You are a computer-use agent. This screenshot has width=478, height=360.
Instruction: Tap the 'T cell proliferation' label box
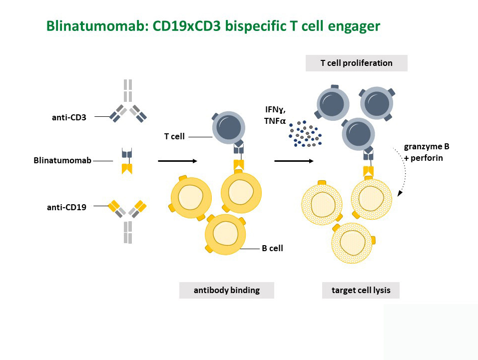(x=356, y=63)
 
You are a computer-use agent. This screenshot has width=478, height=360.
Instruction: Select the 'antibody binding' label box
(x=226, y=290)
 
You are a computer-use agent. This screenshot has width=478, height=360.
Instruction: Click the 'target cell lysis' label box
(x=361, y=290)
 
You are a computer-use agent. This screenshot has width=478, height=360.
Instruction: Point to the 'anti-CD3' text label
(x=69, y=117)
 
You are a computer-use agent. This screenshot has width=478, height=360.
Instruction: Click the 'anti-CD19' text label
(x=67, y=207)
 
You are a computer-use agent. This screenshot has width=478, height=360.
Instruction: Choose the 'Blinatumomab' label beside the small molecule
(x=62, y=160)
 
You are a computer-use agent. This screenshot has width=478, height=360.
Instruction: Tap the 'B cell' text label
(x=273, y=249)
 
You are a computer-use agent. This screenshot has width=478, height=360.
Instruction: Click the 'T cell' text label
(x=174, y=137)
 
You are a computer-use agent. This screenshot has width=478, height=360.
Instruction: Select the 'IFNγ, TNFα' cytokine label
(x=275, y=115)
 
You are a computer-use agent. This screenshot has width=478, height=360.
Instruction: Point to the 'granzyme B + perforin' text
(x=427, y=152)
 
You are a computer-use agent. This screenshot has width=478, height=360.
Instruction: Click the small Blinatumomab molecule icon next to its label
(x=127, y=161)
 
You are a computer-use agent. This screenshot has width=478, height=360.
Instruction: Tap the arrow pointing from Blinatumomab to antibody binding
(x=178, y=161)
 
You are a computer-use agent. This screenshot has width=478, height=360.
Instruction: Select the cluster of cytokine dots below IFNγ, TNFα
(x=305, y=133)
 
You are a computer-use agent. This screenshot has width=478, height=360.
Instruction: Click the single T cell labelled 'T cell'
(x=228, y=128)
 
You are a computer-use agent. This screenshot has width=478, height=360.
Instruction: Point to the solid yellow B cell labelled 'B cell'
(x=225, y=234)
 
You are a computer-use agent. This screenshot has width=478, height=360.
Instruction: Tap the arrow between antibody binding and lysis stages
(x=294, y=161)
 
